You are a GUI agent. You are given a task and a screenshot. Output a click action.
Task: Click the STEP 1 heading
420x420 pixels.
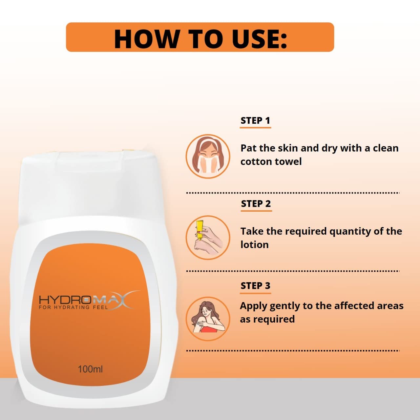[255, 120]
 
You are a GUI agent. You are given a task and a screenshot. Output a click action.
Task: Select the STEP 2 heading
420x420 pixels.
[256, 204]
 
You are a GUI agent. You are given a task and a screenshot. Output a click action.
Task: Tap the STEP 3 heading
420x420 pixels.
[256, 286]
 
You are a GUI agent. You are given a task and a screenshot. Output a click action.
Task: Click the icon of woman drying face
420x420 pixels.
[208, 157]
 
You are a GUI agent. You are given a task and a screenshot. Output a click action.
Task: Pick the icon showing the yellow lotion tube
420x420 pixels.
[208, 238]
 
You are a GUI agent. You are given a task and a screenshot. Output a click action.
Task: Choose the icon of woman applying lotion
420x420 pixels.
[208, 319]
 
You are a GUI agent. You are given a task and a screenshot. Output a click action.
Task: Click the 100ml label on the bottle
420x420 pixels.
[90, 369]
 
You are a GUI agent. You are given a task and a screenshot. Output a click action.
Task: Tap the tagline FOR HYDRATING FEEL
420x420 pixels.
[73, 307]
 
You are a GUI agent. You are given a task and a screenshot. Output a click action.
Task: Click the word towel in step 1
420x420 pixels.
[288, 161]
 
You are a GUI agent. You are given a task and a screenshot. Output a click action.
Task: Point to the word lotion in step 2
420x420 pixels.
[255, 245]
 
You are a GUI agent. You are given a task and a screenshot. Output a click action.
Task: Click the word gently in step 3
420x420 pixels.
[284, 306]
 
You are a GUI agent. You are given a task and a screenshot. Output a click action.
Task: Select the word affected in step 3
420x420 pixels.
[354, 305]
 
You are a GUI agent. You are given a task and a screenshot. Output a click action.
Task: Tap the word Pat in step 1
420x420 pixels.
[249, 148]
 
